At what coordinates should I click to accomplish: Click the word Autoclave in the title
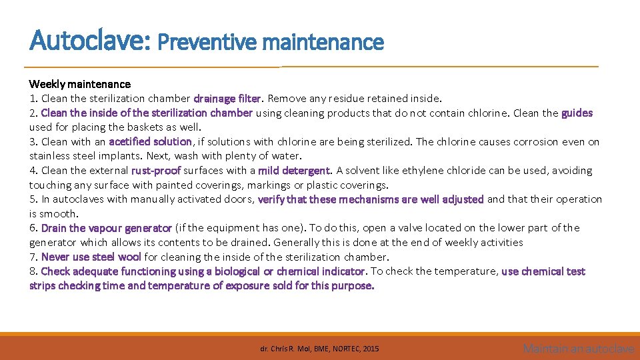(x=90, y=41)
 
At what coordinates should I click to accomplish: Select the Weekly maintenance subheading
(x=79, y=84)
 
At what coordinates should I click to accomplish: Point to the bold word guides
(x=577, y=113)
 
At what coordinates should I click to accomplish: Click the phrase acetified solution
(x=150, y=141)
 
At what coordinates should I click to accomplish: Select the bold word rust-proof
(x=156, y=171)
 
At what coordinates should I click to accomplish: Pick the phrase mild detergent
(x=294, y=171)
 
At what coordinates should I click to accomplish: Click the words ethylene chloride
(x=444, y=171)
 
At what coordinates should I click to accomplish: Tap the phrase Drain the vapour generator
(x=106, y=228)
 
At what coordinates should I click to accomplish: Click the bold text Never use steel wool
(x=91, y=257)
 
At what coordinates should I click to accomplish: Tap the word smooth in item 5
(x=60, y=213)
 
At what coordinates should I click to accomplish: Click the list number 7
(x=33, y=257)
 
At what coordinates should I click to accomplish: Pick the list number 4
(x=33, y=171)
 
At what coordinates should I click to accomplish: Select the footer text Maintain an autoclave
(x=578, y=348)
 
